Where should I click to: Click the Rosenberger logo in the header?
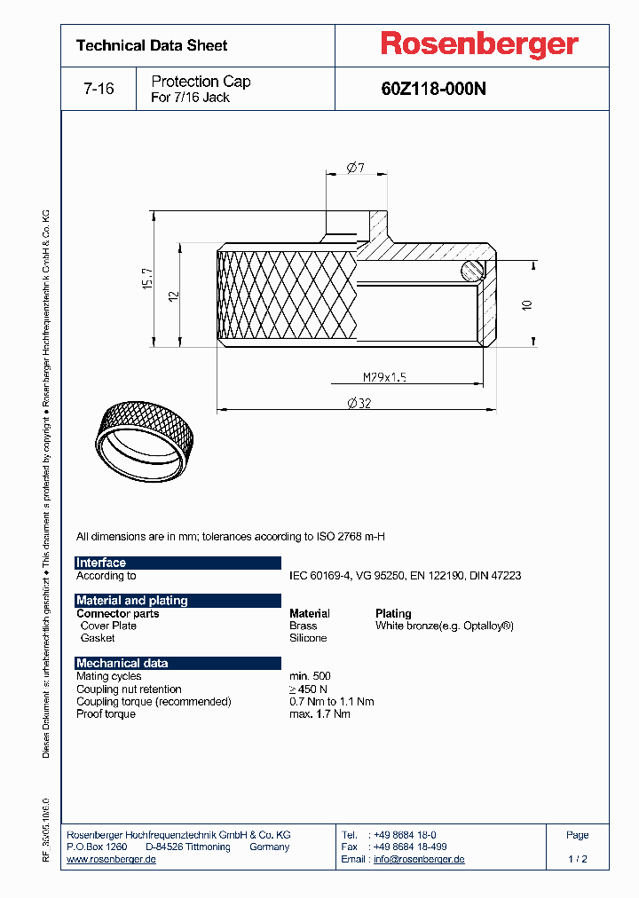click(479, 44)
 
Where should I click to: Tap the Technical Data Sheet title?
click(152, 45)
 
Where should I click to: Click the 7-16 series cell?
click(98, 89)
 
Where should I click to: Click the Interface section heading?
click(101, 563)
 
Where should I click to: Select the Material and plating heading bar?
click(132, 601)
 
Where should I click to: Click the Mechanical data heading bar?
click(122, 663)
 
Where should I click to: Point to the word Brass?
click(304, 626)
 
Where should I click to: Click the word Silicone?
click(308, 638)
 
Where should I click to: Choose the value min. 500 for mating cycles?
click(310, 676)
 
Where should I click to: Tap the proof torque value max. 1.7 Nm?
click(319, 713)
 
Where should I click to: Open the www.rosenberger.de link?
click(112, 859)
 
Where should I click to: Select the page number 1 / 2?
click(577, 859)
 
